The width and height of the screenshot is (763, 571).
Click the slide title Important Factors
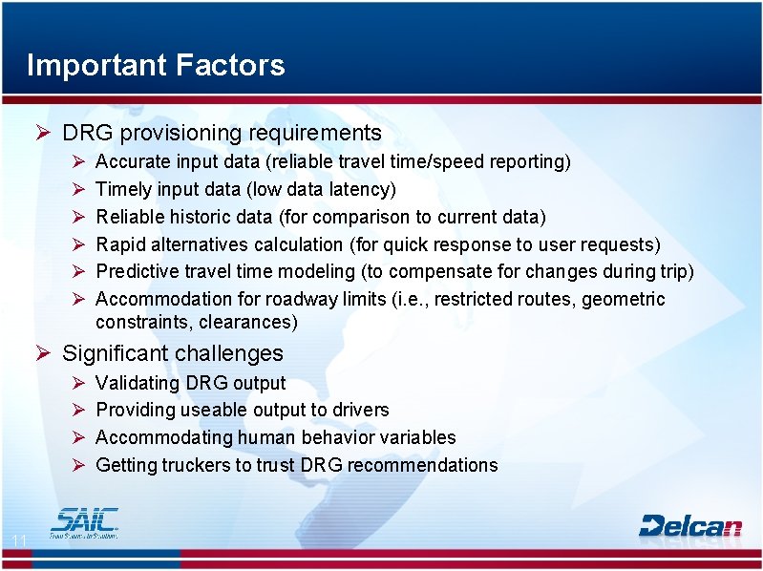point(156,65)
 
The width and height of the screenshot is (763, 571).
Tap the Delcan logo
point(689,525)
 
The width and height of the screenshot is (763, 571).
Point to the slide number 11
point(18,542)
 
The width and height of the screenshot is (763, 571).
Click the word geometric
point(624,299)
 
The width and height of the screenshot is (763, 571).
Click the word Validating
point(138,383)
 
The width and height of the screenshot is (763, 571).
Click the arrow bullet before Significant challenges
point(42,353)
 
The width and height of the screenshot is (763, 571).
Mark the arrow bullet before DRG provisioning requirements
point(42,133)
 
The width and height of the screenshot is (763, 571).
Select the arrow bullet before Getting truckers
point(80,465)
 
